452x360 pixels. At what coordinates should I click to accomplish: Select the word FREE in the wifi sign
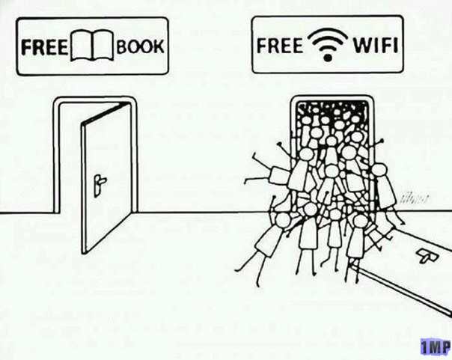click(280, 43)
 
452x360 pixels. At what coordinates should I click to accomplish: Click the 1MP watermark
click(434, 347)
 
